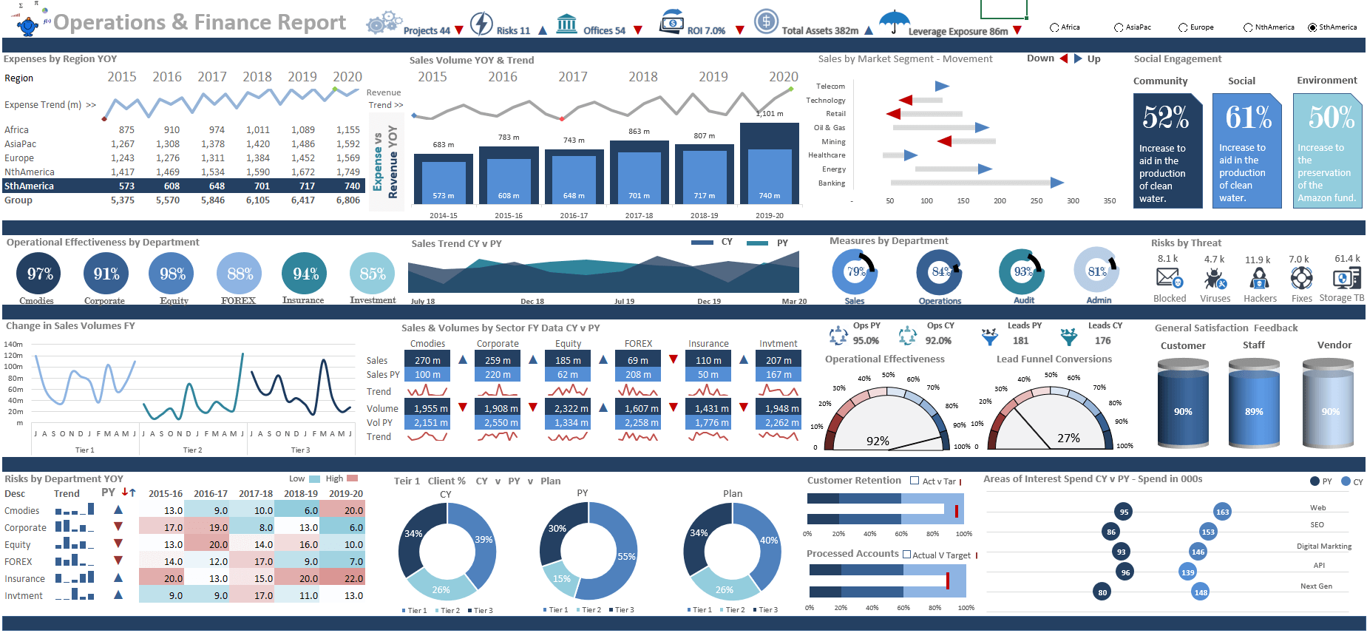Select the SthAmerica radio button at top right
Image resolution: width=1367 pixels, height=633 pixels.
(x=1312, y=27)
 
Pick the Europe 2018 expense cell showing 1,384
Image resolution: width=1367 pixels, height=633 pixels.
(x=258, y=158)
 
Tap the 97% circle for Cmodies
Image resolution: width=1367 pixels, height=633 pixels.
(x=39, y=274)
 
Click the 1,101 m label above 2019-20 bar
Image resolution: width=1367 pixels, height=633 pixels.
(x=770, y=114)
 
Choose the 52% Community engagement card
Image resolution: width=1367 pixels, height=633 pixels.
(x=1167, y=151)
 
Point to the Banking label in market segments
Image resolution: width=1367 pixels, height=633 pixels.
(x=832, y=183)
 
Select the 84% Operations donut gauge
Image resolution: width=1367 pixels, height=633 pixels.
(x=939, y=271)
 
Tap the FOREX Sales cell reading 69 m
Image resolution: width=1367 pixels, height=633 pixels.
(x=638, y=360)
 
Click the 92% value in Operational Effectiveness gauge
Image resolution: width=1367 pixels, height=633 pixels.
(x=878, y=441)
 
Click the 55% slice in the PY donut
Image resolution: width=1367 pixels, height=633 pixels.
(x=625, y=556)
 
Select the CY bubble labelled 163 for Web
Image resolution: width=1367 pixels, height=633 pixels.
(x=1222, y=512)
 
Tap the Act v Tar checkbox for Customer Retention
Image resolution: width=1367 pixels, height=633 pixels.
(x=915, y=481)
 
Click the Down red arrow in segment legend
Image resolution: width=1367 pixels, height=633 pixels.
(x=1064, y=58)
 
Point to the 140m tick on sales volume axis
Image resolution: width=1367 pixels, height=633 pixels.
(x=13, y=345)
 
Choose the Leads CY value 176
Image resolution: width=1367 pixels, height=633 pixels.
(x=1102, y=341)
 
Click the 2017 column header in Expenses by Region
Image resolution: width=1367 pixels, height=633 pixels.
(x=212, y=77)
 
